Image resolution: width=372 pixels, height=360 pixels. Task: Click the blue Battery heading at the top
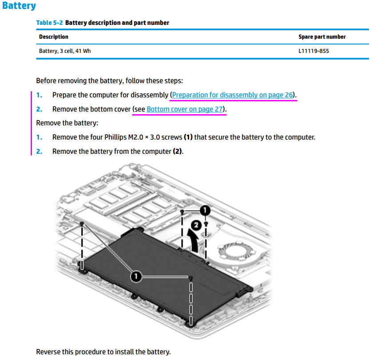tap(19, 6)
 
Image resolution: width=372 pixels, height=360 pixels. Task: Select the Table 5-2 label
tap(49, 23)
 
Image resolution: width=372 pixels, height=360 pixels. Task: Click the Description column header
tap(54, 36)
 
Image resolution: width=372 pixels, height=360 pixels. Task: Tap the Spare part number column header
tap(322, 36)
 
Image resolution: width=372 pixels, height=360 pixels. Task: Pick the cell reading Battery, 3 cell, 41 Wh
tap(65, 51)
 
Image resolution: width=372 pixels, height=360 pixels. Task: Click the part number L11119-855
tap(313, 51)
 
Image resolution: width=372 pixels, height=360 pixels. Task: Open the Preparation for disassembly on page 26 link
tap(233, 95)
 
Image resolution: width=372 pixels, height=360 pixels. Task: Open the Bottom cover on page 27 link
tap(185, 109)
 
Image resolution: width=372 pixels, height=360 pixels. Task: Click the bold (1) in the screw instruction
tap(188, 137)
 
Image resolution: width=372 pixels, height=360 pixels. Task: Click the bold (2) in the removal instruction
tap(178, 152)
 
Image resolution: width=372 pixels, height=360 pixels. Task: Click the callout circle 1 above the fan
tap(204, 209)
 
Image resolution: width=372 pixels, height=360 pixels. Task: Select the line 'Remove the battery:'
tap(67, 123)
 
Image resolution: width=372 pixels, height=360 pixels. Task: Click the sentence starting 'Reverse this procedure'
tap(103, 352)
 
